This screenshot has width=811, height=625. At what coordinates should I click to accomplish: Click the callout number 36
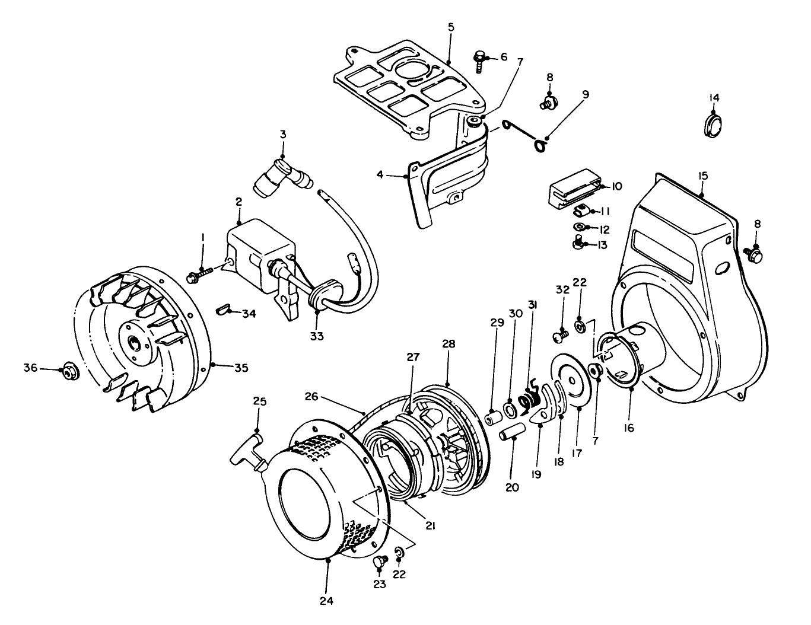[x=30, y=369]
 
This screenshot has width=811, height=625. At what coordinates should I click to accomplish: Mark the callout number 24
[x=327, y=600]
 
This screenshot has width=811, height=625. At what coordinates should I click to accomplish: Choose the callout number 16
[x=629, y=427]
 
